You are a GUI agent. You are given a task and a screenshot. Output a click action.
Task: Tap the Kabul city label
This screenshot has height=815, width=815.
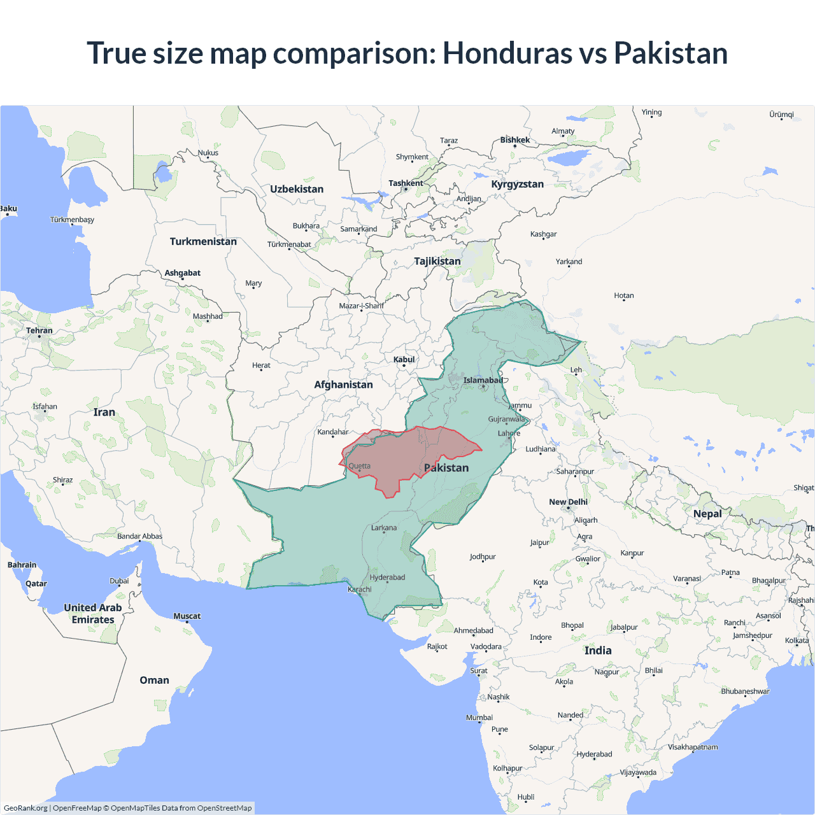pos(404,360)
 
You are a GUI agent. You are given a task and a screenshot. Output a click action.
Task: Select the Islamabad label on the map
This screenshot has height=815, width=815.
pos(483,381)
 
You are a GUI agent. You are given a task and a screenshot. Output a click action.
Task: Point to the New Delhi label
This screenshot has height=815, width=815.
pos(568,502)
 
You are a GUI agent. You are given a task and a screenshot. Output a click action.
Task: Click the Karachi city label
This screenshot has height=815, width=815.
pos(360,590)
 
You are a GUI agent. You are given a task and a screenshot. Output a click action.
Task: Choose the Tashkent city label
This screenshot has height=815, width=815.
pos(406,183)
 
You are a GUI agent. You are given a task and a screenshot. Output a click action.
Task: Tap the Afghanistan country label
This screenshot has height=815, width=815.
pos(343,385)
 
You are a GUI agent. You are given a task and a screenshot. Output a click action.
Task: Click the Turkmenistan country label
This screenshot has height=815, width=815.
pos(203,242)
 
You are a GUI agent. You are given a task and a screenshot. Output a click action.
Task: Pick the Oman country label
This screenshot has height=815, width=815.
pos(154,680)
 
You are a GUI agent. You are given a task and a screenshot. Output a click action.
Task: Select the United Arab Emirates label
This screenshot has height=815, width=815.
pos(93,614)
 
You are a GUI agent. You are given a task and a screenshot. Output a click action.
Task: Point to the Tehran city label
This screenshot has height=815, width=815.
pos(39,331)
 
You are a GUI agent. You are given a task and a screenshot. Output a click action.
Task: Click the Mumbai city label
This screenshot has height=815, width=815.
pos(479,718)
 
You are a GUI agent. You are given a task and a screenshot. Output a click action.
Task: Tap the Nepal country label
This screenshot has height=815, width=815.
pos(707,514)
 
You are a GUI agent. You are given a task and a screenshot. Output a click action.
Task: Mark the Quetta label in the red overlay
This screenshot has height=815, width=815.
pos(360,466)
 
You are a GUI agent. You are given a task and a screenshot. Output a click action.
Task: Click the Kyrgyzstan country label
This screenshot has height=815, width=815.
pos(517,185)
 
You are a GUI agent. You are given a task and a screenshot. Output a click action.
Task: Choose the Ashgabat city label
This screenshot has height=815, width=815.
pos(183,273)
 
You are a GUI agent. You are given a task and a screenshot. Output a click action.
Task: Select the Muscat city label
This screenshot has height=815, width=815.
pos(187,616)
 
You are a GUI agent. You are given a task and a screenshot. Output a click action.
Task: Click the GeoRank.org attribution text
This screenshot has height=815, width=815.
pos(25,808)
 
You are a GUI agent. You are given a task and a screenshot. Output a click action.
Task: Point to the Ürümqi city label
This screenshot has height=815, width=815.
pos(781,115)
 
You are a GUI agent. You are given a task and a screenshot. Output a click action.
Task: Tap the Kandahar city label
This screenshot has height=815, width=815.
pos(333,432)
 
